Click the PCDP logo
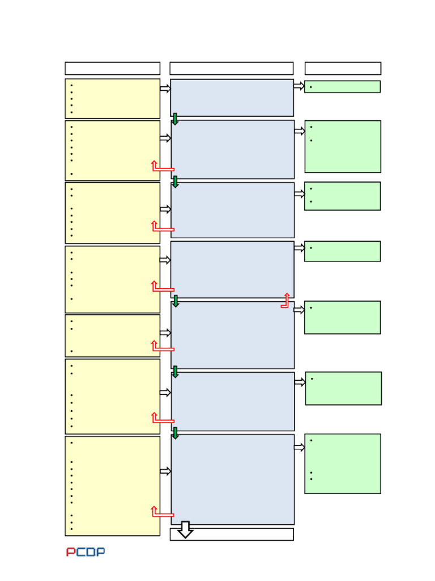tap(86, 551)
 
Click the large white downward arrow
tap(185, 529)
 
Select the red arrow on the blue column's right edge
tap(285, 301)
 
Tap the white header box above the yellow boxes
tap(112, 69)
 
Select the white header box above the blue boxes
tap(231, 69)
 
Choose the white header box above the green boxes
tap(343, 69)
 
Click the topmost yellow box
tap(112, 98)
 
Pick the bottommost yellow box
tap(112, 486)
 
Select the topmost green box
tap(342, 87)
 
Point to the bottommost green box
tap(342, 464)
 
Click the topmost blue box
tap(232, 98)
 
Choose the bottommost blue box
tap(232, 479)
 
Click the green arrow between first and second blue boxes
tap(175, 119)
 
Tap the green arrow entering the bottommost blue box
tap(175, 433)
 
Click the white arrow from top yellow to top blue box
tap(165, 89)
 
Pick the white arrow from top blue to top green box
tap(298, 86)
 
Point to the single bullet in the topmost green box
tap(311, 87)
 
